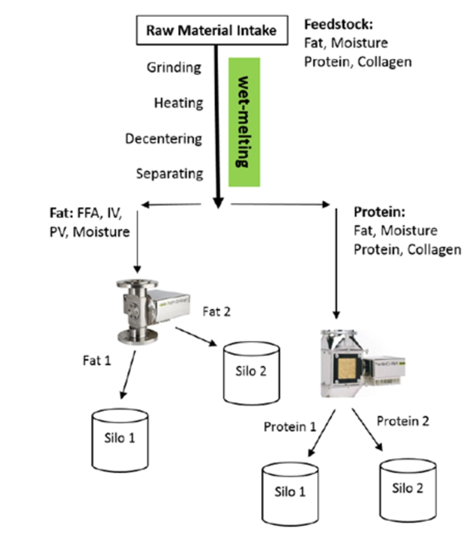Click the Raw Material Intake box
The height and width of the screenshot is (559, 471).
(211, 31)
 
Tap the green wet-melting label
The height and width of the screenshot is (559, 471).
(244, 122)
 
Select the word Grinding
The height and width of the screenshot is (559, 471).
(174, 67)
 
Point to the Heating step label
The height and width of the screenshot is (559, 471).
(179, 103)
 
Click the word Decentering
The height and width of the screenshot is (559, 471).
(163, 138)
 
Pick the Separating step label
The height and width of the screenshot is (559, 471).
(170, 173)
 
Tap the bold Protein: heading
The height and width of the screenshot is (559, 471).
(379, 212)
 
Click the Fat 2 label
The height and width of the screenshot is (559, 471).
(216, 311)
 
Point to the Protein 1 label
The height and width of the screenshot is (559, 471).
(289, 427)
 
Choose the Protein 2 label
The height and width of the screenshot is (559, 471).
(403, 421)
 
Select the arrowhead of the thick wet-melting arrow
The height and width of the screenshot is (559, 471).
(217, 202)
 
